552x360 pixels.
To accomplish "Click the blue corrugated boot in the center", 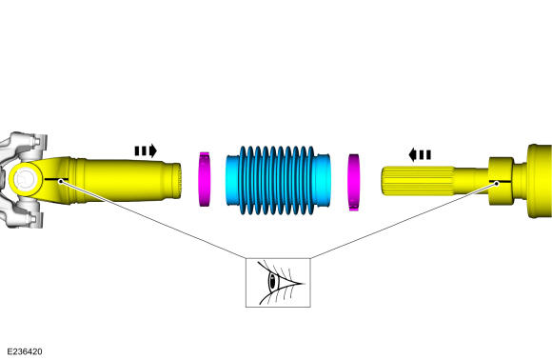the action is pos(278,180).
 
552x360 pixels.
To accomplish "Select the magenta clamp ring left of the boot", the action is pos(205,179).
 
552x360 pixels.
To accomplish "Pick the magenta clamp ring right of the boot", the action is pos(354,182).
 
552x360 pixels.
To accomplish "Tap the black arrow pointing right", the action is pos(146,150).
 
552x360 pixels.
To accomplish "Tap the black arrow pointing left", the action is pos(420,154).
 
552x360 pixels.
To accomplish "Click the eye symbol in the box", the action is pos(278,283).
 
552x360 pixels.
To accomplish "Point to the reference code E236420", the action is pos(25,351).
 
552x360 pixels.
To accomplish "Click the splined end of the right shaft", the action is pos(418,181).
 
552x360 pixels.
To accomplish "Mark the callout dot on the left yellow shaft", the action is pos(61,181).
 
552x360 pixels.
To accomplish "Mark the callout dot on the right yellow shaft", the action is pos(497,183).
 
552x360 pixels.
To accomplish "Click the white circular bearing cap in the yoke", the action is pos(25,179).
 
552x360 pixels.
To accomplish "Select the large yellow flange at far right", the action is pos(540,181).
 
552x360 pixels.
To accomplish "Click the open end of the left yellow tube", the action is pos(177,180).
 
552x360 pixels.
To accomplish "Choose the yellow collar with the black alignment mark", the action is pos(501,181).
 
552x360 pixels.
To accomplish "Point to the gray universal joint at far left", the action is pos(22,180).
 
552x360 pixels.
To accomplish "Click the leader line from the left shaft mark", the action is pos(153,220).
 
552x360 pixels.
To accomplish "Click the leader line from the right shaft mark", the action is pos(404,221).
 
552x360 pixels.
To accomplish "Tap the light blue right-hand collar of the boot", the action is pos(321,180).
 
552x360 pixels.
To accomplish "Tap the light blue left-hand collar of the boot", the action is pos(233,180).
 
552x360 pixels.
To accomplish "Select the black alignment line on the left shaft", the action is pos(56,180).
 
